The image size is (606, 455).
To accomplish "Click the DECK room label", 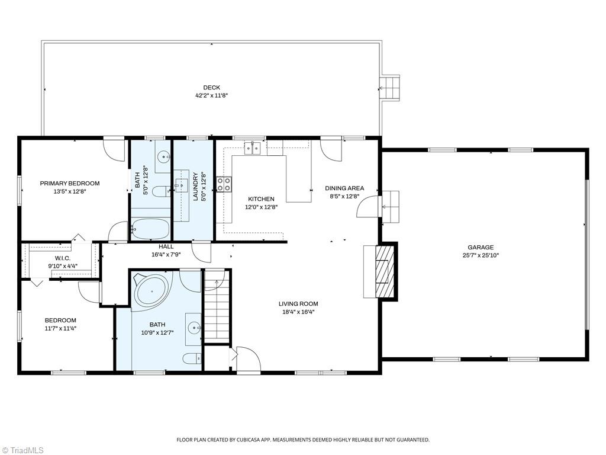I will [211, 88].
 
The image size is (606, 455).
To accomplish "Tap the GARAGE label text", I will [480, 248].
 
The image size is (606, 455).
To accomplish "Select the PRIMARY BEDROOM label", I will [70, 184].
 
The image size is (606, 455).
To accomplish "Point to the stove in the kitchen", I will [224, 184].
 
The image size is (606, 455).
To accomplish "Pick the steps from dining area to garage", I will [391, 207].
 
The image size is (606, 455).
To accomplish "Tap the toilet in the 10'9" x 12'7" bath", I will [191, 358].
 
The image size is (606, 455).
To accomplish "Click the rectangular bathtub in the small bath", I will [150, 229].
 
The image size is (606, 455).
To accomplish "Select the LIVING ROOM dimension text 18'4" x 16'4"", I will [298, 312].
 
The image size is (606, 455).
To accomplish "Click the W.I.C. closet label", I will [63, 258].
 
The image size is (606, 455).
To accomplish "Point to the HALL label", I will [166, 246].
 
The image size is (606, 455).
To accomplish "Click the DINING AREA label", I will [344, 188].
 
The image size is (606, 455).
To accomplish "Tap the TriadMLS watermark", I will [23, 450].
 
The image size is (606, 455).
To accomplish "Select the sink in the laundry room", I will [182, 181].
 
